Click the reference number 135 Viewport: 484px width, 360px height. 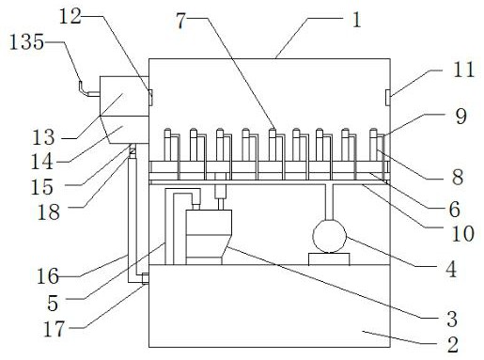pos(26,41)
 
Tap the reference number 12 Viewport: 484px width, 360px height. pos(70,16)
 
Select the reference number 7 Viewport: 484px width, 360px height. pos(180,21)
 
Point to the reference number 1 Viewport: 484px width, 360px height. pos(357,20)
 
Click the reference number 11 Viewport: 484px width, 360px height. pos(464,70)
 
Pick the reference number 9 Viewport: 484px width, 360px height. pos(461,116)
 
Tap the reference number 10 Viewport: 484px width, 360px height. pos(462,233)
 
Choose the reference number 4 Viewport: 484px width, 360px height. pos(451,269)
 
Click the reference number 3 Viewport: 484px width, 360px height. pos(452,319)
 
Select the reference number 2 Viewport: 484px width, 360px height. pos(453,344)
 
